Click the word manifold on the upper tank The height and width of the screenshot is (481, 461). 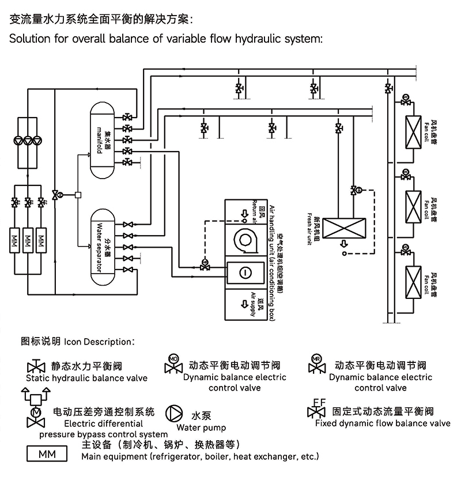pos(99,138)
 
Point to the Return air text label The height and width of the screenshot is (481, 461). pos(253,210)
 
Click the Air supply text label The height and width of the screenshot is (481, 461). pos(252,304)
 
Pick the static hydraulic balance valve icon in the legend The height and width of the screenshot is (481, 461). pos(36,367)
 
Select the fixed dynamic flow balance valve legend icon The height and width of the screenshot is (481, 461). pos(316,410)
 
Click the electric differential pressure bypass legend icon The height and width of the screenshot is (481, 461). pos(36,408)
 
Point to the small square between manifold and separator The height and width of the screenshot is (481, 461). pos(78,195)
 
